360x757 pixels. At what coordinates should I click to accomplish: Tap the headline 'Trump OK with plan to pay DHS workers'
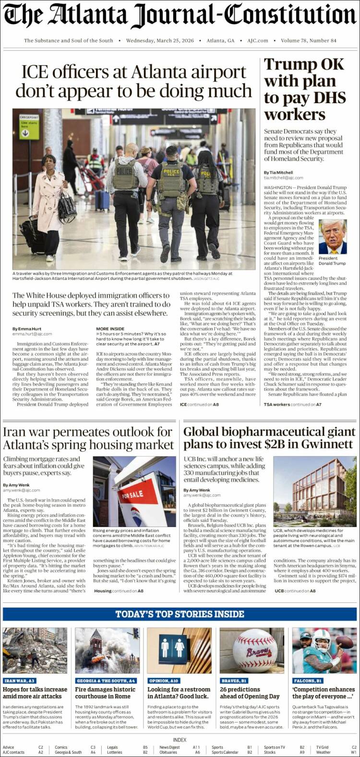click(x=305, y=89)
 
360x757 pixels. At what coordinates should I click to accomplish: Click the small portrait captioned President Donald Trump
click(x=333, y=237)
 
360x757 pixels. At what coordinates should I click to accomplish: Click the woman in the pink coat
click(x=48, y=206)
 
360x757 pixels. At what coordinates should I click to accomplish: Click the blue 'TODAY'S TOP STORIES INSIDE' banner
click(x=180, y=614)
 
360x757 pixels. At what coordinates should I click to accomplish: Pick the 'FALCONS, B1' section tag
click(x=308, y=681)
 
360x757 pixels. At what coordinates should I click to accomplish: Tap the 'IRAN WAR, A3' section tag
click(x=20, y=681)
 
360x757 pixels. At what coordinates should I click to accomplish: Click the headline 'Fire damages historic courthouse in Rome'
click(x=106, y=693)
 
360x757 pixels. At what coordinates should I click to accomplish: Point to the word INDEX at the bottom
click(x=180, y=740)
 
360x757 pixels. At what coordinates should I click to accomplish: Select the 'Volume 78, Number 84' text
click(x=309, y=41)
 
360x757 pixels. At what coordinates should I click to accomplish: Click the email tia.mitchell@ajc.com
click(x=284, y=178)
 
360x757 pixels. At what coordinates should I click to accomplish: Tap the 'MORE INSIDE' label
click(x=110, y=329)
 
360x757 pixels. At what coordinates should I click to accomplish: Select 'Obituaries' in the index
click(x=168, y=752)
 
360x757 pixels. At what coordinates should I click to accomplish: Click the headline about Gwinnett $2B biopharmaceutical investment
click(x=269, y=437)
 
